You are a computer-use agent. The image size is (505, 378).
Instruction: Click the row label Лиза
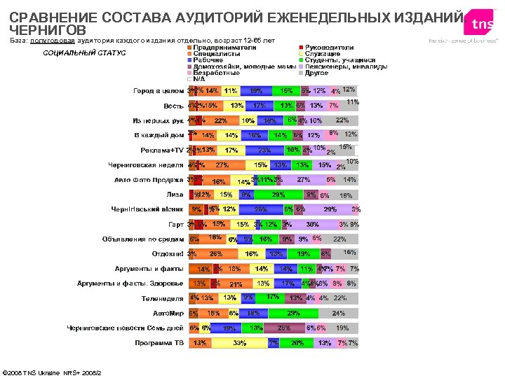click(175, 195)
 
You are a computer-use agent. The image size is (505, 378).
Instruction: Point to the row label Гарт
click(175, 224)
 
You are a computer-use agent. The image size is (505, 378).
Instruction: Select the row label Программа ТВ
click(159, 343)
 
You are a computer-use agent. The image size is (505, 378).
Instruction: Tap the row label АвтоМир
click(168, 313)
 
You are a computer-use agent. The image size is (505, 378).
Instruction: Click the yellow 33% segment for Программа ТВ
click(238, 343)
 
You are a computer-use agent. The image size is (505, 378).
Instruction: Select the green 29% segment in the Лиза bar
click(278, 195)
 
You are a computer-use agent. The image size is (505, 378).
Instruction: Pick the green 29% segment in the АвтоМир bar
click(294, 313)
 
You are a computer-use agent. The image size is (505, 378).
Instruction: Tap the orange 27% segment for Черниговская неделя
click(222, 165)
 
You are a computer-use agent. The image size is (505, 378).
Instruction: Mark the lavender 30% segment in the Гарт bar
click(312, 224)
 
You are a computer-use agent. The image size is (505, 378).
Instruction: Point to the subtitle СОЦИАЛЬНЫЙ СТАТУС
click(84, 53)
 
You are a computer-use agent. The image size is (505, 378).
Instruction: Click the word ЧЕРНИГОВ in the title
click(48, 31)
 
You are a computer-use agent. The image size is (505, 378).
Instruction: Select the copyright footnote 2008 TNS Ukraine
click(53, 372)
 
